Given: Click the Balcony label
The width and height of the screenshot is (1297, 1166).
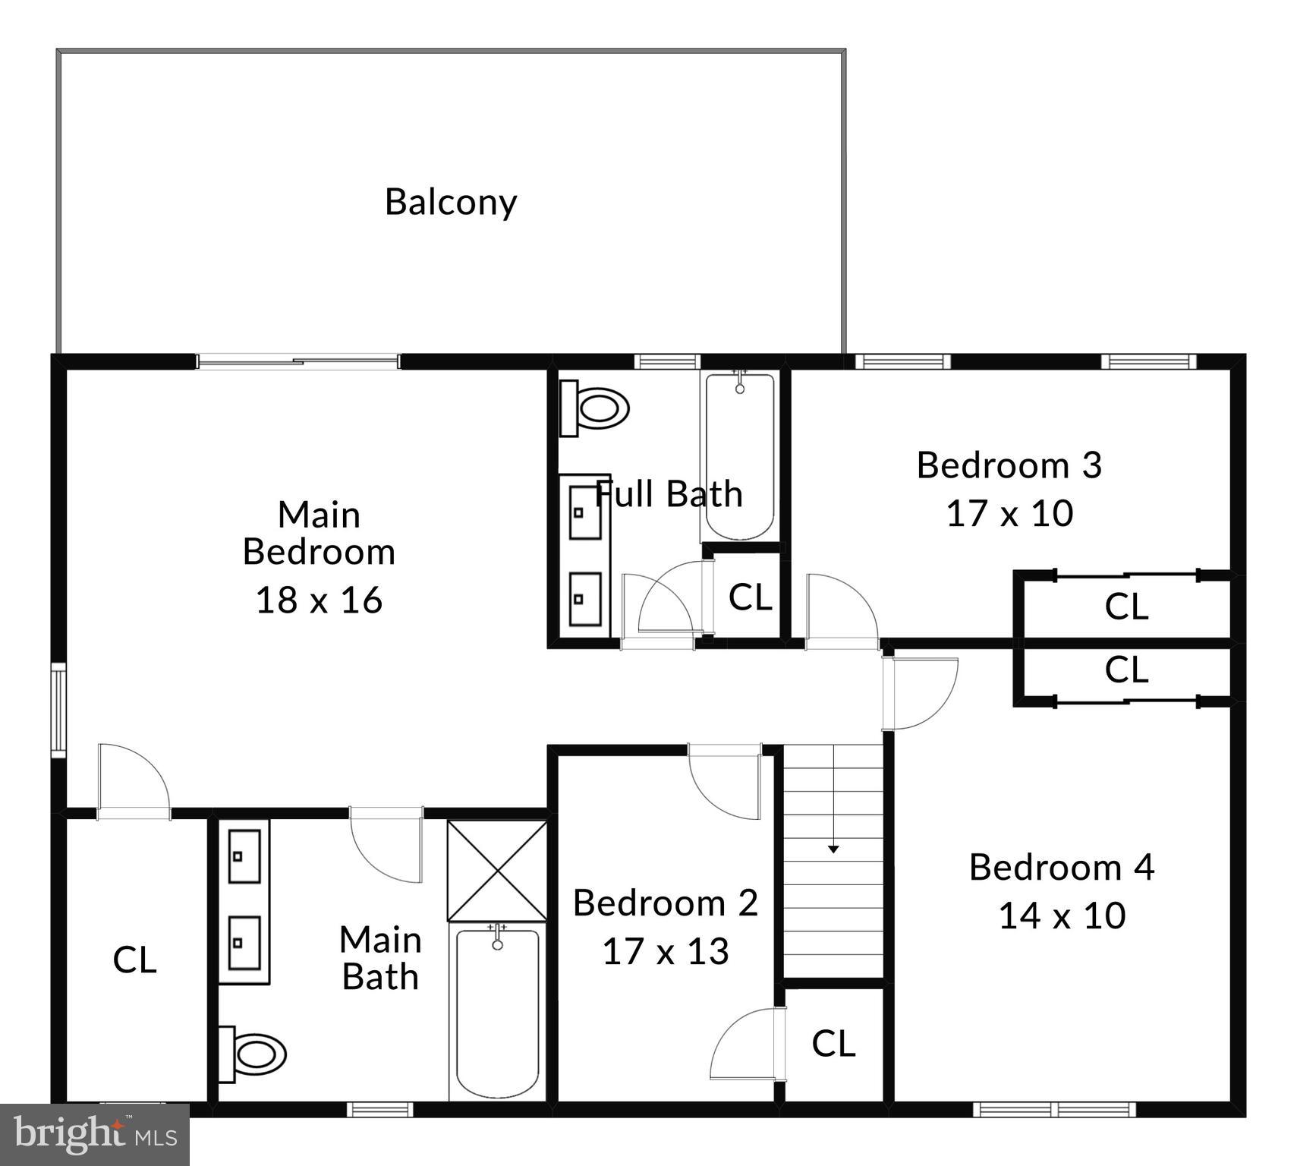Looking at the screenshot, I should tap(451, 202).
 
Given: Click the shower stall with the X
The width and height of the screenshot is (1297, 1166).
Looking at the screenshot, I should tap(497, 871).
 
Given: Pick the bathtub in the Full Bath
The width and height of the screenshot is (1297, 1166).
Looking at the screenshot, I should tap(740, 455).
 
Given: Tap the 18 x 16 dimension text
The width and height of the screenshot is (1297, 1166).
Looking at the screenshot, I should tap(319, 600).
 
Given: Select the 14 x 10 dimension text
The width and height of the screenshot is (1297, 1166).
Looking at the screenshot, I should tap(1062, 915).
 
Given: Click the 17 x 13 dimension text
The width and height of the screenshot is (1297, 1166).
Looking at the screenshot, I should tap(666, 951).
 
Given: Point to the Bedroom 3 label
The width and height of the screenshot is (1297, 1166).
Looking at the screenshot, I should tap(1009, 465).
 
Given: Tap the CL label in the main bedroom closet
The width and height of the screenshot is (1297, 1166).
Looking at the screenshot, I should tap(135, 960).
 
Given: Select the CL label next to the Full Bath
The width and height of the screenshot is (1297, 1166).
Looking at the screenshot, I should tap(750, 597).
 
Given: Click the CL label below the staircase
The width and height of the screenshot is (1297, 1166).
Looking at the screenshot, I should tap(833, 1044).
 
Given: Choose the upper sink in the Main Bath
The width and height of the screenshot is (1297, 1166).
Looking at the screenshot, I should tap(244, 856).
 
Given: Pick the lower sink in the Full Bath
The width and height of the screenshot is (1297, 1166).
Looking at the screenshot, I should tap(585, 598).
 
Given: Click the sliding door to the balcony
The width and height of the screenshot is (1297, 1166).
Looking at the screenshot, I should tap(298, 361).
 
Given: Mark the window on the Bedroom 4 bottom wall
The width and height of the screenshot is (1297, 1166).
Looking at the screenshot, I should tap(1054, 1109).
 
